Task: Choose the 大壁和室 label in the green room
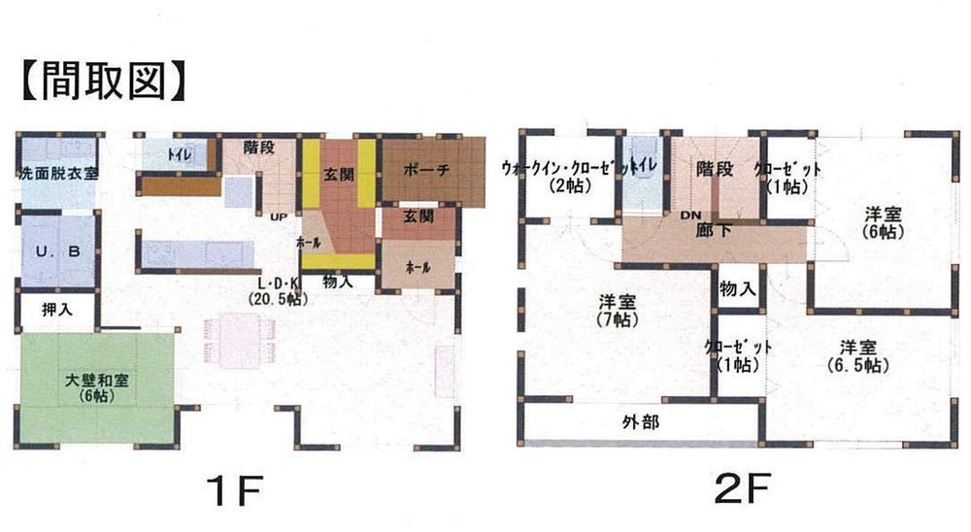click(x=97, y=387)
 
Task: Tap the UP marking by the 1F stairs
click(x=278, y=216)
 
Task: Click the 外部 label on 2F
click(x=640, y=422)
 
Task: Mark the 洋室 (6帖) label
click(x=882, y=223)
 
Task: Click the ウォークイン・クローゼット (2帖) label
click(x=563, y=176)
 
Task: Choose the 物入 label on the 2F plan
click(x=737, y=289)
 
